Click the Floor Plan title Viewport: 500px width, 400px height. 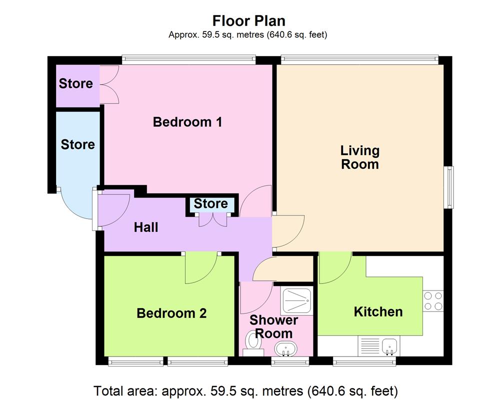click(x=248, y=21)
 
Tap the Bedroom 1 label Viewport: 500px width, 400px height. click(x=187, y=121)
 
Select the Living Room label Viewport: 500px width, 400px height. click(x=359, y=157)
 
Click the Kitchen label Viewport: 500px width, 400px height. click(x=378, y=311)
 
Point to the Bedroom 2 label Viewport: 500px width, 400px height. click(x=171, y=313)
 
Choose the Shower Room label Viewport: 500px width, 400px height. click(x=273, y=326)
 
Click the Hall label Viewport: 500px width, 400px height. click(x=146, y=227)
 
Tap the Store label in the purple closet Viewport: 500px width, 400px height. click(x=76, y=83)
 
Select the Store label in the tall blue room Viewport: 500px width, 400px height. click(x=77, y=144)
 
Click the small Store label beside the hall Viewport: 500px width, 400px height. click(x=210, y=203)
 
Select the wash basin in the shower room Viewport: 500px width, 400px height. click(x=286, y=348)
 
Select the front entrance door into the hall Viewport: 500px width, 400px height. click(x=112, y=207)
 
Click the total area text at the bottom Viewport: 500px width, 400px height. click(x=245, y=390)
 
